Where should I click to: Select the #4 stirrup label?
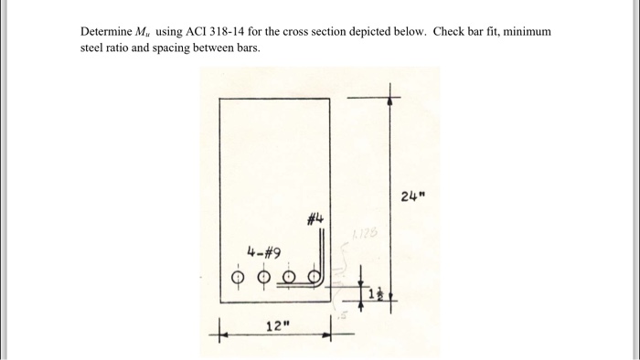(313, 219)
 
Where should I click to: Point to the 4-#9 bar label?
(261, 251)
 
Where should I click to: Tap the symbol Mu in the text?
(142, 32)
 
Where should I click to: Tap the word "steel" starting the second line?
(94, 48)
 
